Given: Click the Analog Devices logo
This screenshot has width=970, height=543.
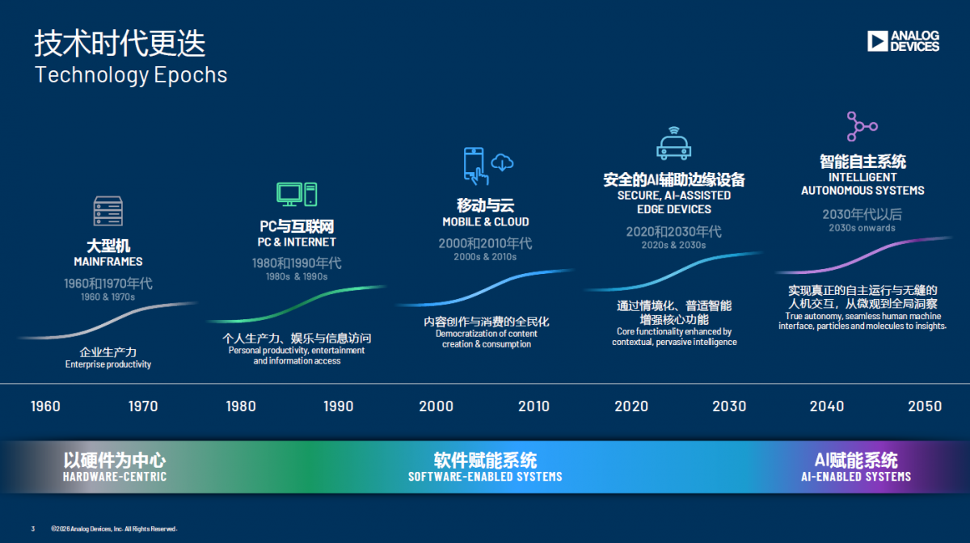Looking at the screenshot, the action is pyautogui.click(x=904, y=41).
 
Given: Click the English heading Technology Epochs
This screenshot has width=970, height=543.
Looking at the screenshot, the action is pyautogui.click(x=131, y=75).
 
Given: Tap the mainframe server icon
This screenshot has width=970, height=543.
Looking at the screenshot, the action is pyautogui.click(x=108, y=211).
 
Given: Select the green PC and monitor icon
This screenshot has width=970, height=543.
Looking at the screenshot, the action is pyautogui.click(x=297, y=194).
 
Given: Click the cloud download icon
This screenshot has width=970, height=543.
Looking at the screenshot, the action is pyautogui.click(x=502, y=162).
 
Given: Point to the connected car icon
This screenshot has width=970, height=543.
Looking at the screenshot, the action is pyautogui.click(x=673, y=143).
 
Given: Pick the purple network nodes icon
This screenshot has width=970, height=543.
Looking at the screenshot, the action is pyautogui.click(x=862, y=126).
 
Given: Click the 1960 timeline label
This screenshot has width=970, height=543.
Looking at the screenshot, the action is pyautogui.click(x=45, y=406).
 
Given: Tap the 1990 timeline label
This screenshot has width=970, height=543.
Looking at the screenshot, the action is pyautogui.click(x=338, y=406).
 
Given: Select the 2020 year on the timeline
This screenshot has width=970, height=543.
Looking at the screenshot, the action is pyautogui.click(x=631, y=406).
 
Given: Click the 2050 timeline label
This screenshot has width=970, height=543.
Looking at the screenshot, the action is pyautogui.click(x=925, y=406).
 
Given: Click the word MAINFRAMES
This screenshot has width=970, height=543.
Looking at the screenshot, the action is pyautogui.click(x=108, y=262).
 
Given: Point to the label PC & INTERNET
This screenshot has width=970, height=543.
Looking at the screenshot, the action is pyautogui.click(x=297, y=242).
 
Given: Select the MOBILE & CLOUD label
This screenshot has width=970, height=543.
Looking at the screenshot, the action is pyautogui.click(x=486, y=221).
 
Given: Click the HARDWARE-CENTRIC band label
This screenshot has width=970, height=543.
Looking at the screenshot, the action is pyautogui.click(x=115, y=477).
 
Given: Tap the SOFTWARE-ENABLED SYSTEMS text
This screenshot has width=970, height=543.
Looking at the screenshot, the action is pyautogui.click(x=485, y=477).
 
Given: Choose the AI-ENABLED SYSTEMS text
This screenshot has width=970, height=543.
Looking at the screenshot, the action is pyautogui.click(x=856, y=477).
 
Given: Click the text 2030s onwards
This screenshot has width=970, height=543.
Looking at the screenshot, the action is pyautogui.click(x=862, y=228).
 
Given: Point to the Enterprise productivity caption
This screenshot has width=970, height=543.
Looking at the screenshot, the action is pyautogui.click(x=108, y=364).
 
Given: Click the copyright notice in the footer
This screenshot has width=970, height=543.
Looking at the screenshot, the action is pyautogui.click(x=114, y=528).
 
